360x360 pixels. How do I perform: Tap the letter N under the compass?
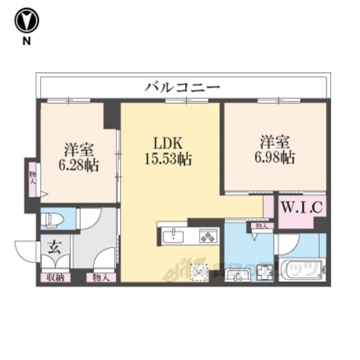[x=26, y=40]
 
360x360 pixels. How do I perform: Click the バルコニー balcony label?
[x=182, y=87]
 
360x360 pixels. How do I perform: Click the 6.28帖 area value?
[x=78, y=165]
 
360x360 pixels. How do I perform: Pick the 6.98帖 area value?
[x=274, y=157]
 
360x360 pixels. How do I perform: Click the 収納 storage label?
[x=55, y=277]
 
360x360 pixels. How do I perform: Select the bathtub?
[x=301, y=270]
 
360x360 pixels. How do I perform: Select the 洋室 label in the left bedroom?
[x=78, y=150]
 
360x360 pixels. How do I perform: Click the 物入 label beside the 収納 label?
[x=101, y=277]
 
